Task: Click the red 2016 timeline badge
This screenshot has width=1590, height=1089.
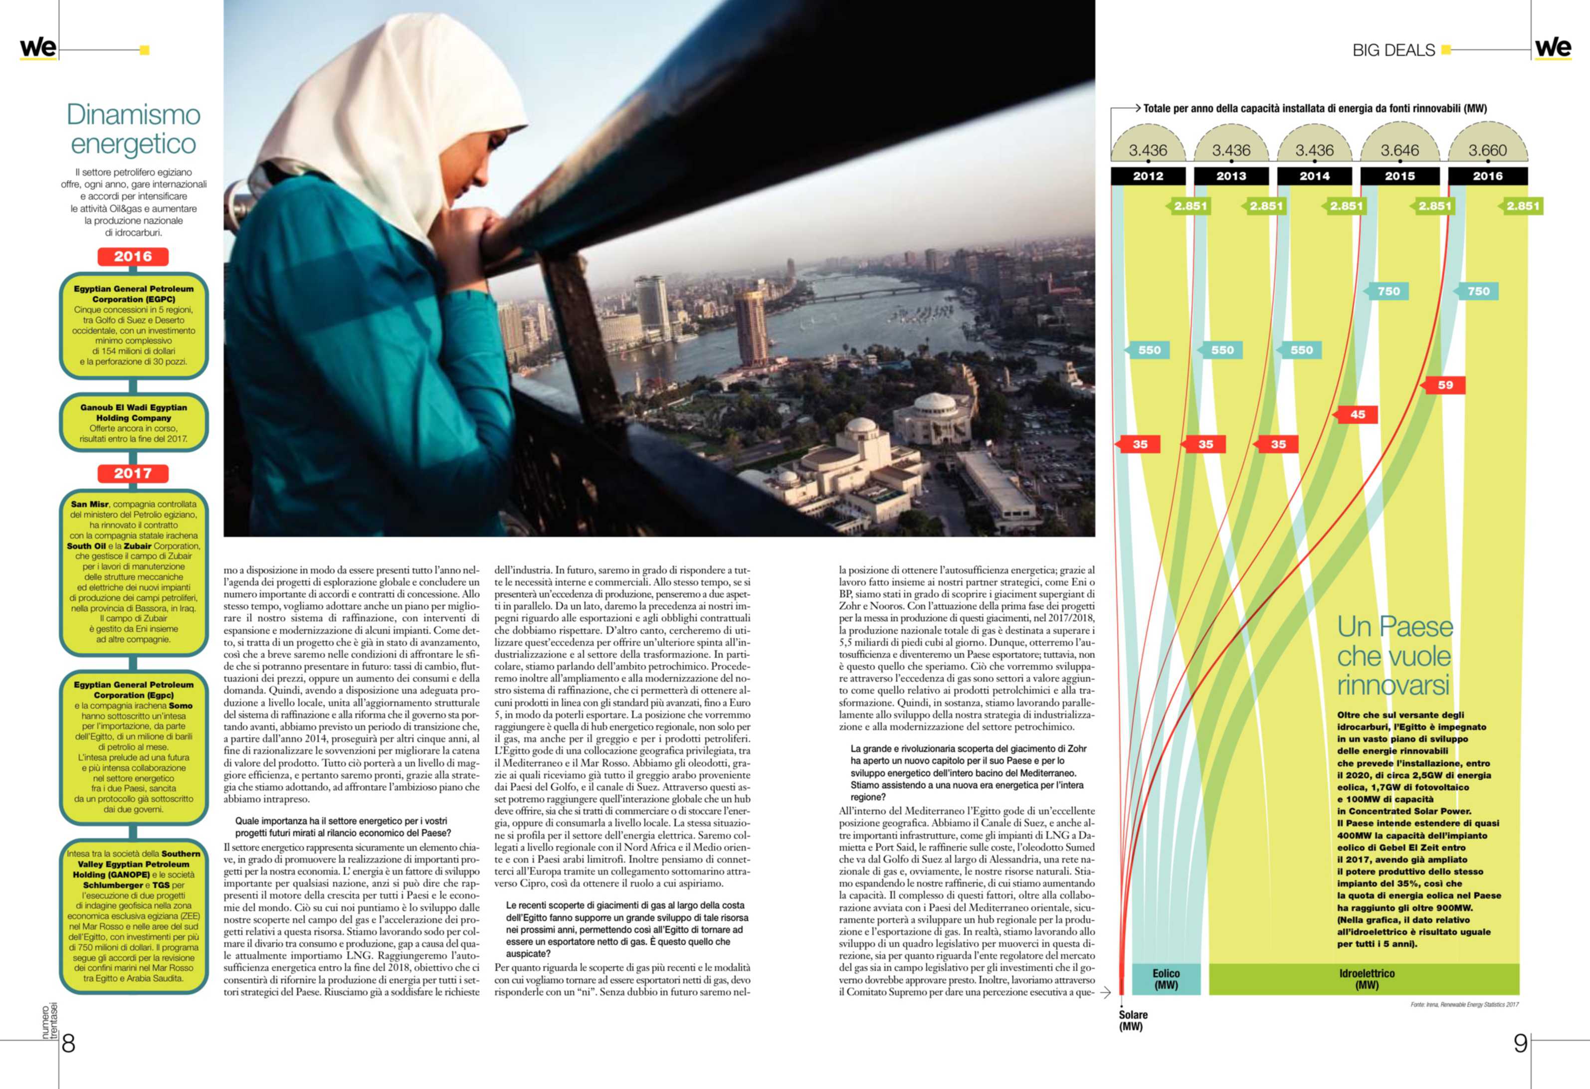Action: [133, 256]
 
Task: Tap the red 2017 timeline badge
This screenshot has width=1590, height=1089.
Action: [133, 473]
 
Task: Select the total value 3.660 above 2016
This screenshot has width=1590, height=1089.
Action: [1487, 150]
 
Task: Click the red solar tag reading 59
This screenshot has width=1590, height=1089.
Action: [1445, 385]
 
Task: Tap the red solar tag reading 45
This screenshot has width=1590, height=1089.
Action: [1358, 414]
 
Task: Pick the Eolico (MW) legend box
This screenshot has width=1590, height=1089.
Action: [1166, 979]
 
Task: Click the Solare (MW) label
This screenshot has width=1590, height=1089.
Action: [1133, 1021]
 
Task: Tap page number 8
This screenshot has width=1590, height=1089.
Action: [68, 1043]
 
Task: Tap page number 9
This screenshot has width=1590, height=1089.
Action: [1520, 1043]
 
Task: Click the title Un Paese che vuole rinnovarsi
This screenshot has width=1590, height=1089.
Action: [1394, 655]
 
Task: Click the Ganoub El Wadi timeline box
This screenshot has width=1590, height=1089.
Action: [133, 423]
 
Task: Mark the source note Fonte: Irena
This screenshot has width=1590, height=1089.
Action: [1464, 1004]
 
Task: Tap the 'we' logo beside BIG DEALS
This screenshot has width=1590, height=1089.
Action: [1553, 48]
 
